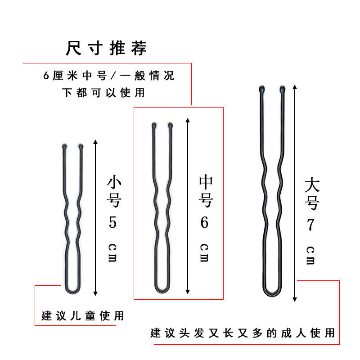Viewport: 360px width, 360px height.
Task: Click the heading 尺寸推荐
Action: pos(106,48)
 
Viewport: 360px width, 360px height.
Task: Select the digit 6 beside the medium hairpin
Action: pos(205,222)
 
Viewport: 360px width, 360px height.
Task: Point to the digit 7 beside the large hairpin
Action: pos(310,225)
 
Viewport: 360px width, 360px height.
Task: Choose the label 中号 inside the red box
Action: pos(205,192)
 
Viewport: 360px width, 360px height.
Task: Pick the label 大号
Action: pos(311,194)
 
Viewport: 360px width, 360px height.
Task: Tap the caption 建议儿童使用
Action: pos(82,315)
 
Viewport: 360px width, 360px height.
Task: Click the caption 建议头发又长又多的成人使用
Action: pos(243,333)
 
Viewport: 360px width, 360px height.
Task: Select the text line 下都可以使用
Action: pos(104,93)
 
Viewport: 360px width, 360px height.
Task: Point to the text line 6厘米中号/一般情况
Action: pos(108,76)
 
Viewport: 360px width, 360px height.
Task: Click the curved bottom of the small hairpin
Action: pos(72,292)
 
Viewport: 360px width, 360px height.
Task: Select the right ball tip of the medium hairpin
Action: pos(171,125)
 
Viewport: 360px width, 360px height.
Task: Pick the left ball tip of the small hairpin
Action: pos(63,146)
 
